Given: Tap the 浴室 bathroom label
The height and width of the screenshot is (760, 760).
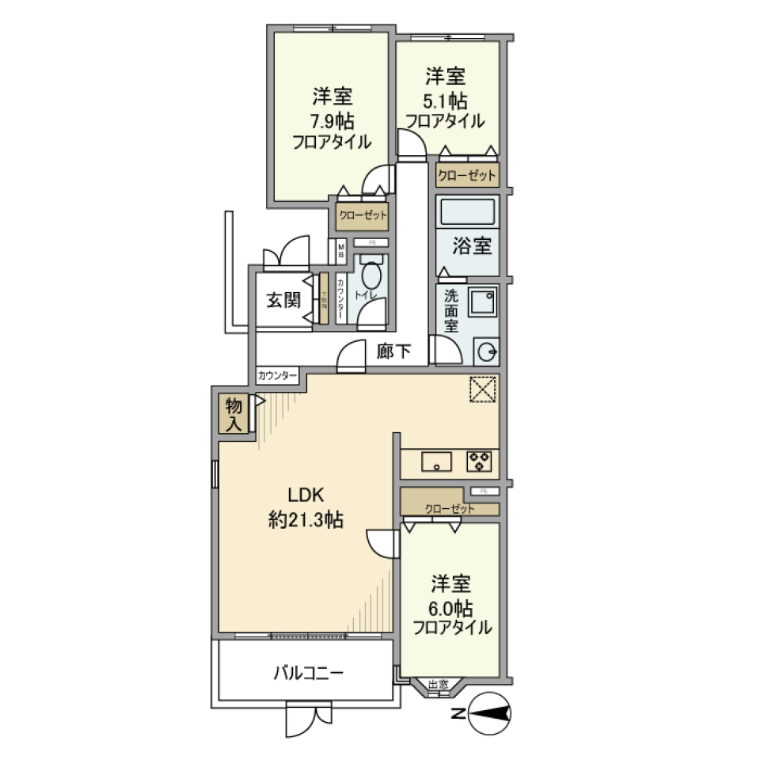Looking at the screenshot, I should point(472,246).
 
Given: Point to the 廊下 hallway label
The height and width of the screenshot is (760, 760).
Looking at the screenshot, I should point(393,351).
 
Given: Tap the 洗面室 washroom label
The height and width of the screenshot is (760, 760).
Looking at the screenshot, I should point(450,311).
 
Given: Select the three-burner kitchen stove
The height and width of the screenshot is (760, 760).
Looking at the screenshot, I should point(479,460).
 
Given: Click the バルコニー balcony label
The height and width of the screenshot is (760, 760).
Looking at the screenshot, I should point(308,674).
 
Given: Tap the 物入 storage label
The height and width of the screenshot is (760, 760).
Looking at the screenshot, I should point(234,415).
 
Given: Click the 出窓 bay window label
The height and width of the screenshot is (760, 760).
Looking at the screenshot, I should point(438,685).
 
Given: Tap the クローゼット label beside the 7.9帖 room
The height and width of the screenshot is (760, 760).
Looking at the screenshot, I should point(363,215).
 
